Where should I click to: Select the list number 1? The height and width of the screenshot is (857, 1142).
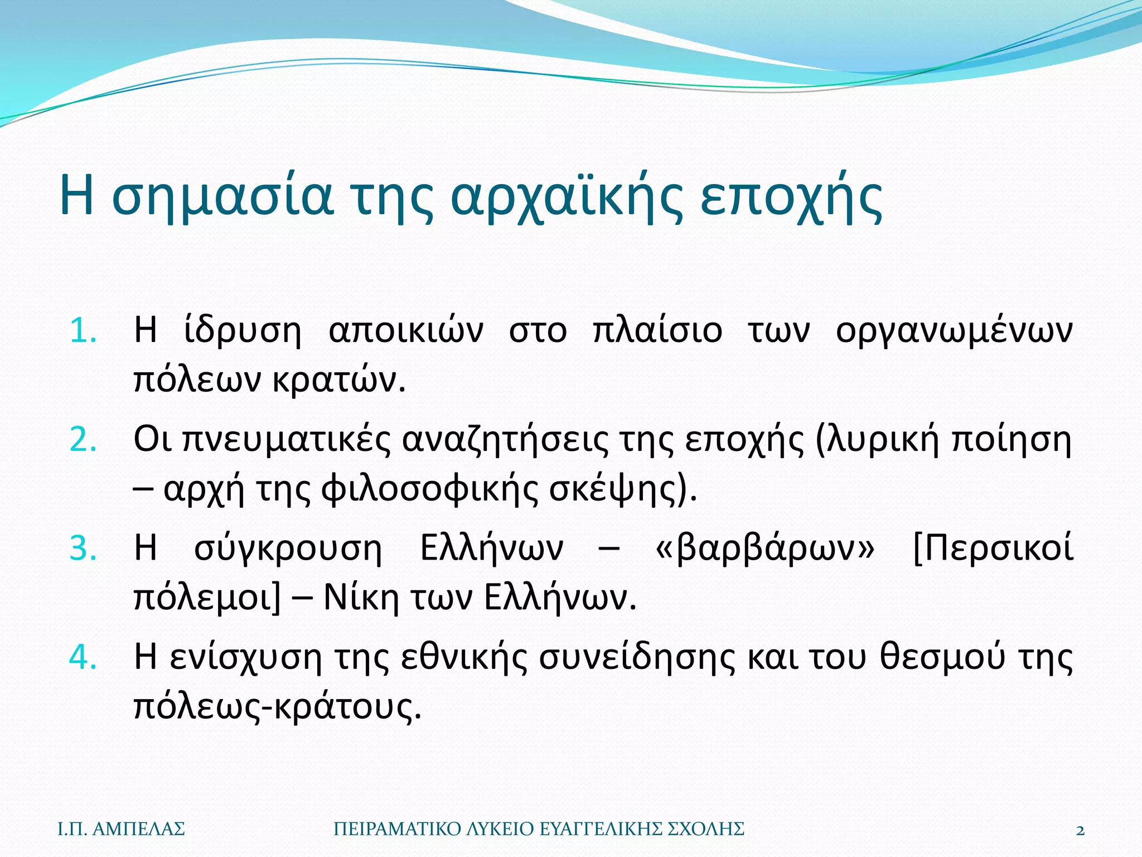point(83,330)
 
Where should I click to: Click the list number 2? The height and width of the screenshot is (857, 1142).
point(83,440)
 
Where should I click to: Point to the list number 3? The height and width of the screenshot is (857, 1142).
point(83,548)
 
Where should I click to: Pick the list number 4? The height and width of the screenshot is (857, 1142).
point(83,657)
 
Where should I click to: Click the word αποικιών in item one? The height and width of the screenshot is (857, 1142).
point(406,330)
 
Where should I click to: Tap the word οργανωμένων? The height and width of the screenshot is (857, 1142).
point(954,330)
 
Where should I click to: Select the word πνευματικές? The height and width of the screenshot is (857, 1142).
point(287,440)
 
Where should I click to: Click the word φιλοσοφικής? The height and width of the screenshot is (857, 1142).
point(429,489)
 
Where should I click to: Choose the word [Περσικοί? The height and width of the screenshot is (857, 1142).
point(993,548)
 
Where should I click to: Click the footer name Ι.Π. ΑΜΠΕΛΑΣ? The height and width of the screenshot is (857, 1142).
point(121,829)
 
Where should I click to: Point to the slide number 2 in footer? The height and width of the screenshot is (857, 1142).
point(1080,830)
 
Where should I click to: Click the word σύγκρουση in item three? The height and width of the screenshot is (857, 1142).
point(288,548)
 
